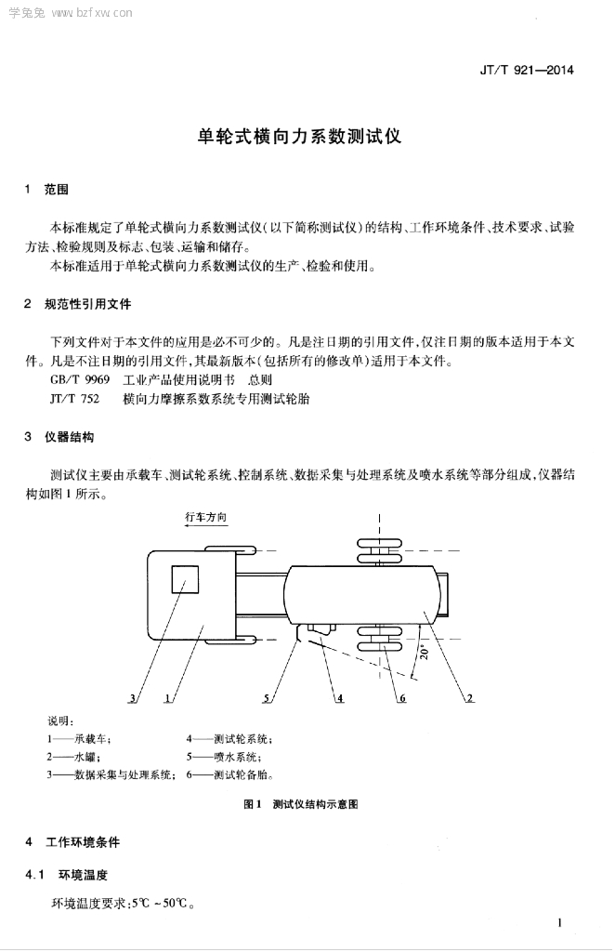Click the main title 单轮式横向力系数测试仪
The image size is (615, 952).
click(300, 136)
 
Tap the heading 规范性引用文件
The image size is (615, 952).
click(88, 304)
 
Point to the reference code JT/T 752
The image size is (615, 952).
click(74, 399)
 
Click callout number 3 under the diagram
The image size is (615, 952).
click(134, 696)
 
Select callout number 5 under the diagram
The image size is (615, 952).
click(267, 696)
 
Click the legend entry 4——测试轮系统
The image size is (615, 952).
click(229, 738)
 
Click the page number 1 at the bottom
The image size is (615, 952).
click(559, 923)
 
